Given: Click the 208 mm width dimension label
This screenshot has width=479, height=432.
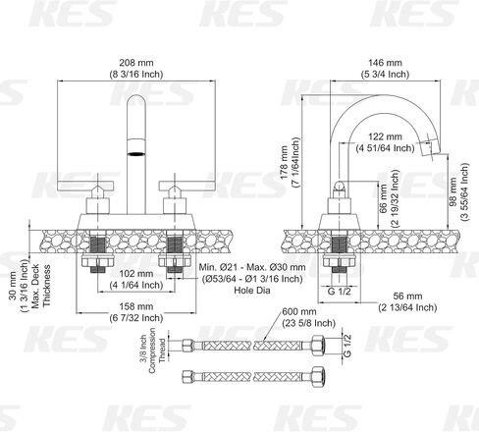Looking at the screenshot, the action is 136,68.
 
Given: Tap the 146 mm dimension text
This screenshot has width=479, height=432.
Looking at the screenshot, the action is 385,68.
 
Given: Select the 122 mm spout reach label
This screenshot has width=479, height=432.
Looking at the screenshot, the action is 385,142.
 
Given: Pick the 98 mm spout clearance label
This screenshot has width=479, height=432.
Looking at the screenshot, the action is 458,191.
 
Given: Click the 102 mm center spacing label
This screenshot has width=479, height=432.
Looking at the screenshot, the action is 136,279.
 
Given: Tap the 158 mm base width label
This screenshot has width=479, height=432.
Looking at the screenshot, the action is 136,312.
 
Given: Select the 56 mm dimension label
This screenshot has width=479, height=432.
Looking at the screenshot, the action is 407,301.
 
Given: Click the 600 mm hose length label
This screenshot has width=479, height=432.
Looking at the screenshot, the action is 309,317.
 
